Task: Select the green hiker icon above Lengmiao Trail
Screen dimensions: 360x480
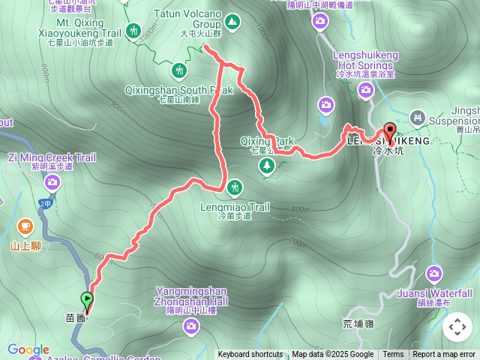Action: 235,186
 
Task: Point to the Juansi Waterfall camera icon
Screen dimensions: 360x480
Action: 434,274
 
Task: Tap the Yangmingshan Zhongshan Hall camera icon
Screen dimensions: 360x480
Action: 191,325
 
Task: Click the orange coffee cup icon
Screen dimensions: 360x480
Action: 25,225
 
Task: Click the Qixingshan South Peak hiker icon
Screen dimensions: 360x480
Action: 179,71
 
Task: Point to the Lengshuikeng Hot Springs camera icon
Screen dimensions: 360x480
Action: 366,90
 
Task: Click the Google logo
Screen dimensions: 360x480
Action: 28,349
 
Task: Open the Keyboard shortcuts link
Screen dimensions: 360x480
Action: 250,355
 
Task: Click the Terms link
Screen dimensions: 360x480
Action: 393,355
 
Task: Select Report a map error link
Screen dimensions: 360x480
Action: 444,355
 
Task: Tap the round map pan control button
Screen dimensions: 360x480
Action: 457,327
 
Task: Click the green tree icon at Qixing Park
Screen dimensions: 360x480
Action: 267,166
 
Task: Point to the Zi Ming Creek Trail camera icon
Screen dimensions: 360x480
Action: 52,181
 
